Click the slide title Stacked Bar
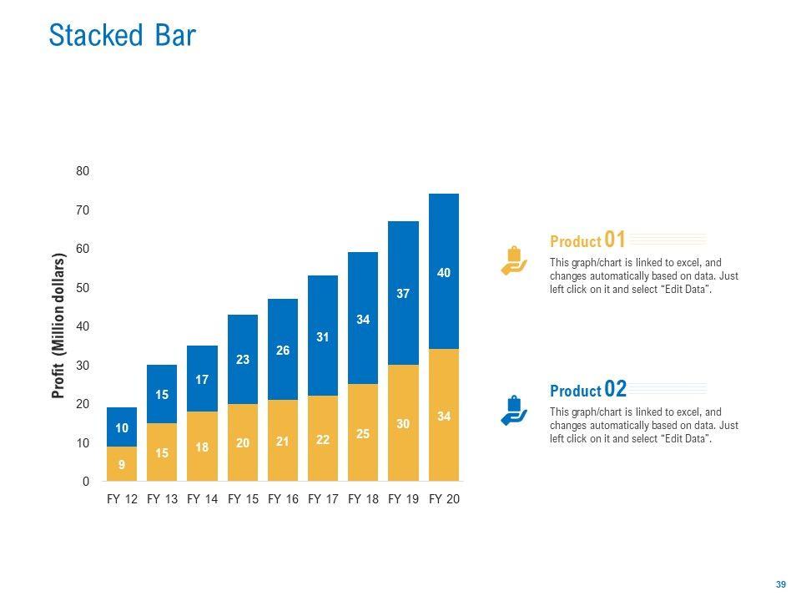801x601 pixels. point(122,36)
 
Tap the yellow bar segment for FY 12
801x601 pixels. point(122,464)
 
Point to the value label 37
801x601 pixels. point(403,294)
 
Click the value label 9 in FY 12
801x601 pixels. point(122,465)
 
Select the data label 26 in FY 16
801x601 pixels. point(283,351)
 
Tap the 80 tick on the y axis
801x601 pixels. point(83,171)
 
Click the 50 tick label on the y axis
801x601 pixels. point(83,288)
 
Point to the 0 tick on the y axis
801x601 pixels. point(85,482)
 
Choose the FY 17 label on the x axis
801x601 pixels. point(323,499)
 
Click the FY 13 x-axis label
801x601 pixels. point(162,499)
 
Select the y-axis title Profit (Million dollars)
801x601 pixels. point(58,326)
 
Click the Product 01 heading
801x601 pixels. point(587,240)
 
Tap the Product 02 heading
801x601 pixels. point(588,390)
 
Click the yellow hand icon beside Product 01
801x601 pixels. point(513,260)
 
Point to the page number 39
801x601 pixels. point(781,584)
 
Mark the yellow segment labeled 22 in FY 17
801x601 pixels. point(323,439)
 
